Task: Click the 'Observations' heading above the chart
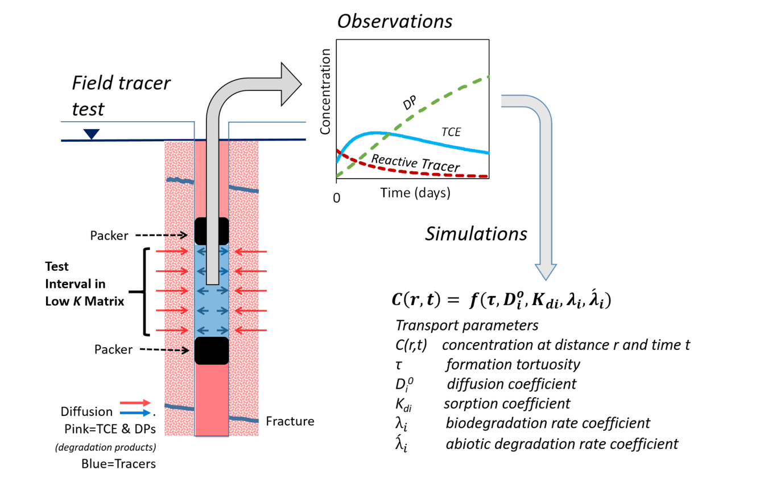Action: coord(395,22)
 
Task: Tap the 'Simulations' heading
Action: coord(476,234)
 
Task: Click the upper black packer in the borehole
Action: coord(212,231)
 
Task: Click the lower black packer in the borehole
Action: coord(212,351)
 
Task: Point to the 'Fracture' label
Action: coord(290,421)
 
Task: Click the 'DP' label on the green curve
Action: coord(409,103)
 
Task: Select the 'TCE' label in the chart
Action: coord(451,132)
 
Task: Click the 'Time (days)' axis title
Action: coord(415,193)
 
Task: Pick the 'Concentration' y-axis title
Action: coord(325,92)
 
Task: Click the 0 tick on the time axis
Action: coord(337,198)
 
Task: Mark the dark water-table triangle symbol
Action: coord(92,134)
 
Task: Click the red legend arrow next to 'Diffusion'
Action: coord(135,403)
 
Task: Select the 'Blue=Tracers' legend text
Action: coord(118,463)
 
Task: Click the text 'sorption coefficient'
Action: coord(507,403)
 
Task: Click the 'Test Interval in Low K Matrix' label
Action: coord(84,284)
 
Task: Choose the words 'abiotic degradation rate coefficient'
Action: coord(561,443)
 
